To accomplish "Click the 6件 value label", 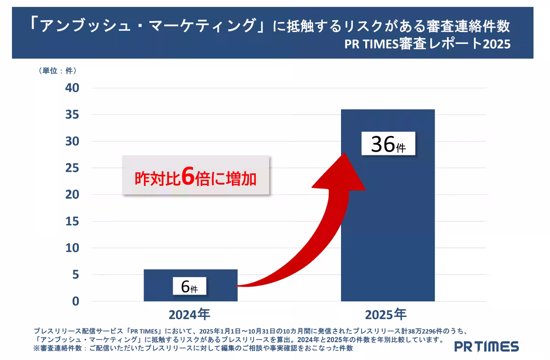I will [189, 286].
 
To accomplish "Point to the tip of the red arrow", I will [344, 154].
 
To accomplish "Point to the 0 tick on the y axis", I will [75, 301].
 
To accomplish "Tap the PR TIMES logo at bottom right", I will [486, 346].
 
